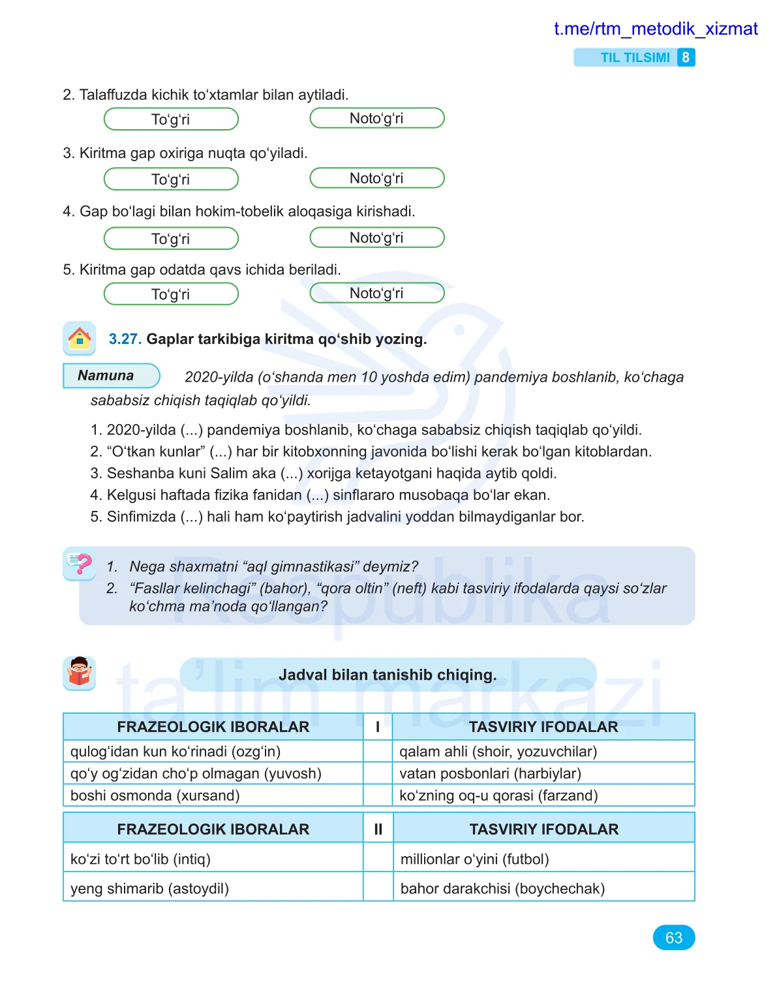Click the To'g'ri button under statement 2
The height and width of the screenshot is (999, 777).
171,119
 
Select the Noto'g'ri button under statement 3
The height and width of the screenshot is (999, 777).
376,178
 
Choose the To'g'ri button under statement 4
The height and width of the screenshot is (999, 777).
171,239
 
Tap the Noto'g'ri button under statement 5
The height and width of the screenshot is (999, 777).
376,293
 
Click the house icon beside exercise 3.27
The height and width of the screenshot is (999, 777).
79,338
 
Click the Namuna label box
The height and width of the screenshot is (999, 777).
111,376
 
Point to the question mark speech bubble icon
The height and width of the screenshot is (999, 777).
80,564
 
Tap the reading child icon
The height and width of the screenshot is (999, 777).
79,673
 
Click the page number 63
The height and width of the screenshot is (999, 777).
673,938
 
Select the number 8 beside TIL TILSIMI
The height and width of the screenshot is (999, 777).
686,57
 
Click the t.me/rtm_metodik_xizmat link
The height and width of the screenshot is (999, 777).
655,29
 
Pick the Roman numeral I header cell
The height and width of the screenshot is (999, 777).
378,727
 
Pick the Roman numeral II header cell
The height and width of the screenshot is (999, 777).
378,829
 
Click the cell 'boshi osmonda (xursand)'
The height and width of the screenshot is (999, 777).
155,795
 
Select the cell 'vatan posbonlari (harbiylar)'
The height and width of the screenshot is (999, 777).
490,773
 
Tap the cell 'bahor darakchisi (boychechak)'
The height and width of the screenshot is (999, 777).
502,888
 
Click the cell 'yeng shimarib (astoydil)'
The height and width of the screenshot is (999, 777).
149,888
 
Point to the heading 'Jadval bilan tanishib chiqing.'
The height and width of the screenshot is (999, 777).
388,675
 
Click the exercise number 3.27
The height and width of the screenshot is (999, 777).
125,339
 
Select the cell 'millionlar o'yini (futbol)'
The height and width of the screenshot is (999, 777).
474,859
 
